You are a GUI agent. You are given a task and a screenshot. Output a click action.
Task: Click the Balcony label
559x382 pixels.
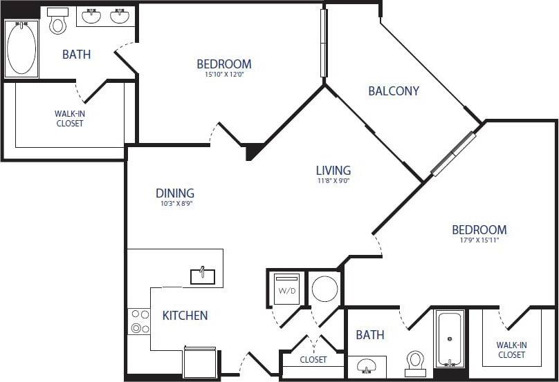394,90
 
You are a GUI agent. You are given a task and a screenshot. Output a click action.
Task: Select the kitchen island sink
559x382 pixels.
203,276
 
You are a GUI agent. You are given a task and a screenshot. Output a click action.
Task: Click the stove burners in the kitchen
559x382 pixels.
139,321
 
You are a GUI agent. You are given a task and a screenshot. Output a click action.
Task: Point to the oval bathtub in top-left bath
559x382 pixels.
21,48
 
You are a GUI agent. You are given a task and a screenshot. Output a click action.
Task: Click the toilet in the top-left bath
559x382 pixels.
57,22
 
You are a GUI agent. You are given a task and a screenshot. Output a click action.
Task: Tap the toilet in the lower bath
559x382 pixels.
415,363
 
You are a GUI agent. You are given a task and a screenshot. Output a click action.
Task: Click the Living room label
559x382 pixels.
333,170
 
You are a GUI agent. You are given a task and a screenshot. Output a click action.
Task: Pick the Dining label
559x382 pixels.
175,193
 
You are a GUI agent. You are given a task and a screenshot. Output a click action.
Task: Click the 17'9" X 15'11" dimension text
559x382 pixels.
479,240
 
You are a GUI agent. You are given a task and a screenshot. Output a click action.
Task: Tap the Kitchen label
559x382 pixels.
185,316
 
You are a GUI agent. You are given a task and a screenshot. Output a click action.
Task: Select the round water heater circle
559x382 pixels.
324,288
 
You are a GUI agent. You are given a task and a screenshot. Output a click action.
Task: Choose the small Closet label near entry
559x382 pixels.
313,360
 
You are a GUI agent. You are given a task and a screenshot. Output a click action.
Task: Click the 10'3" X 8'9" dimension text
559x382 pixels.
175,204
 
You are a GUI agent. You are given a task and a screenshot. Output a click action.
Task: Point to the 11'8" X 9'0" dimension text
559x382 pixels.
333,181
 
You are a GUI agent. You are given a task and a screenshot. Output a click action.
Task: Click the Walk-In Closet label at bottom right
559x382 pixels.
511,350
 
